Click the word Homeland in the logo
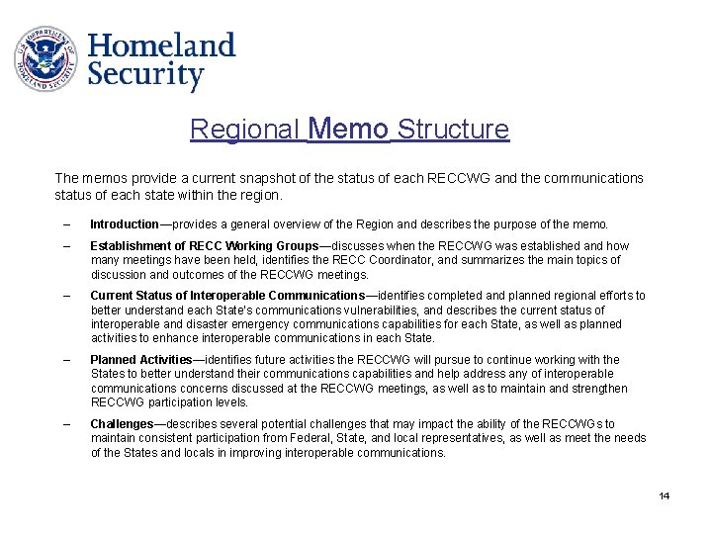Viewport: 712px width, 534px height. point(161,45)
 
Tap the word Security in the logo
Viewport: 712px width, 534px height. point(145,76)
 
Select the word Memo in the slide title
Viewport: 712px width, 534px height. point(348,130)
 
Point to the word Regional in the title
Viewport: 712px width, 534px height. point(245,130)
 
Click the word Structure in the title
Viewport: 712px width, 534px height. point(453,130)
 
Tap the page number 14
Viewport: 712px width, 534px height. point(665,495)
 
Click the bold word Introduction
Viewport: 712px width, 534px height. point(125,224)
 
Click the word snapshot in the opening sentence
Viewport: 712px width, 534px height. point(231,178)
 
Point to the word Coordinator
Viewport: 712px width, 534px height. point(422,260)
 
